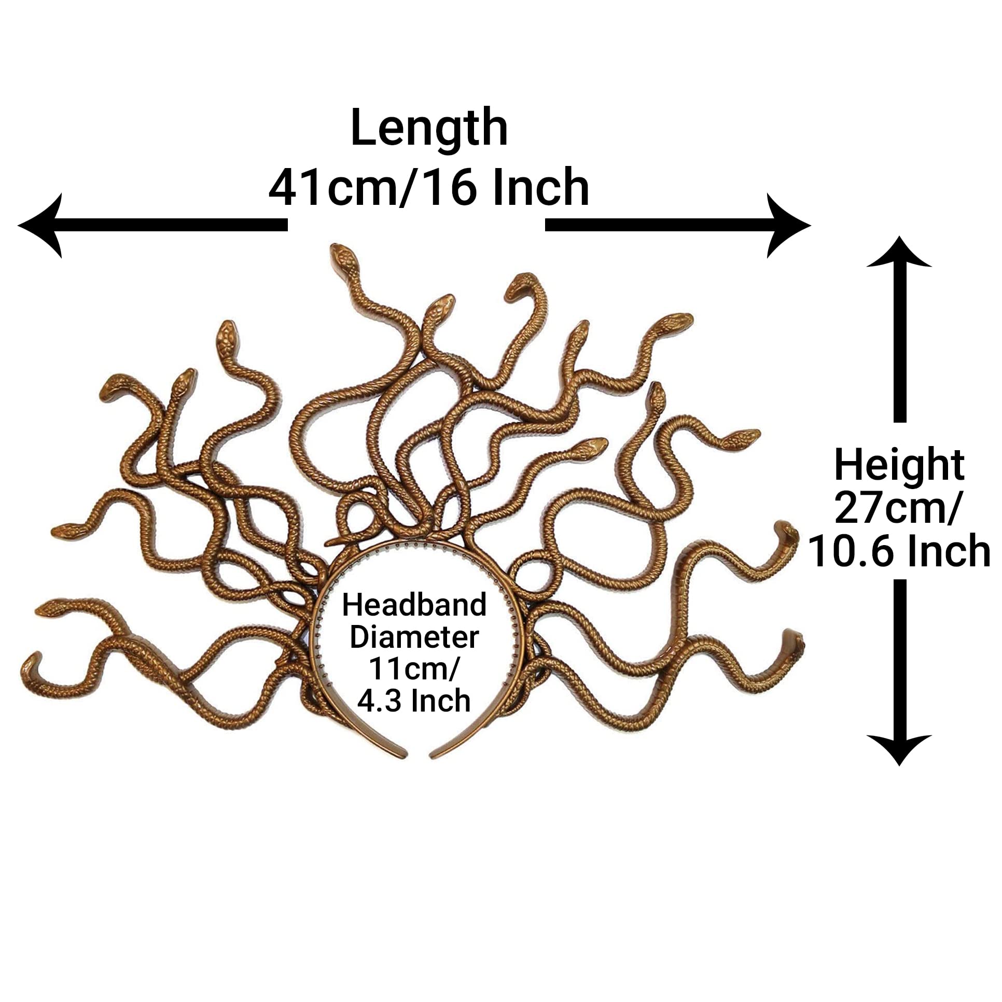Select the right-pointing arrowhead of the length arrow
(788, 225)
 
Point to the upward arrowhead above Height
(899, 253)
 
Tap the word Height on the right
(899, 466)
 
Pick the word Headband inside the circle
(414, 605)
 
